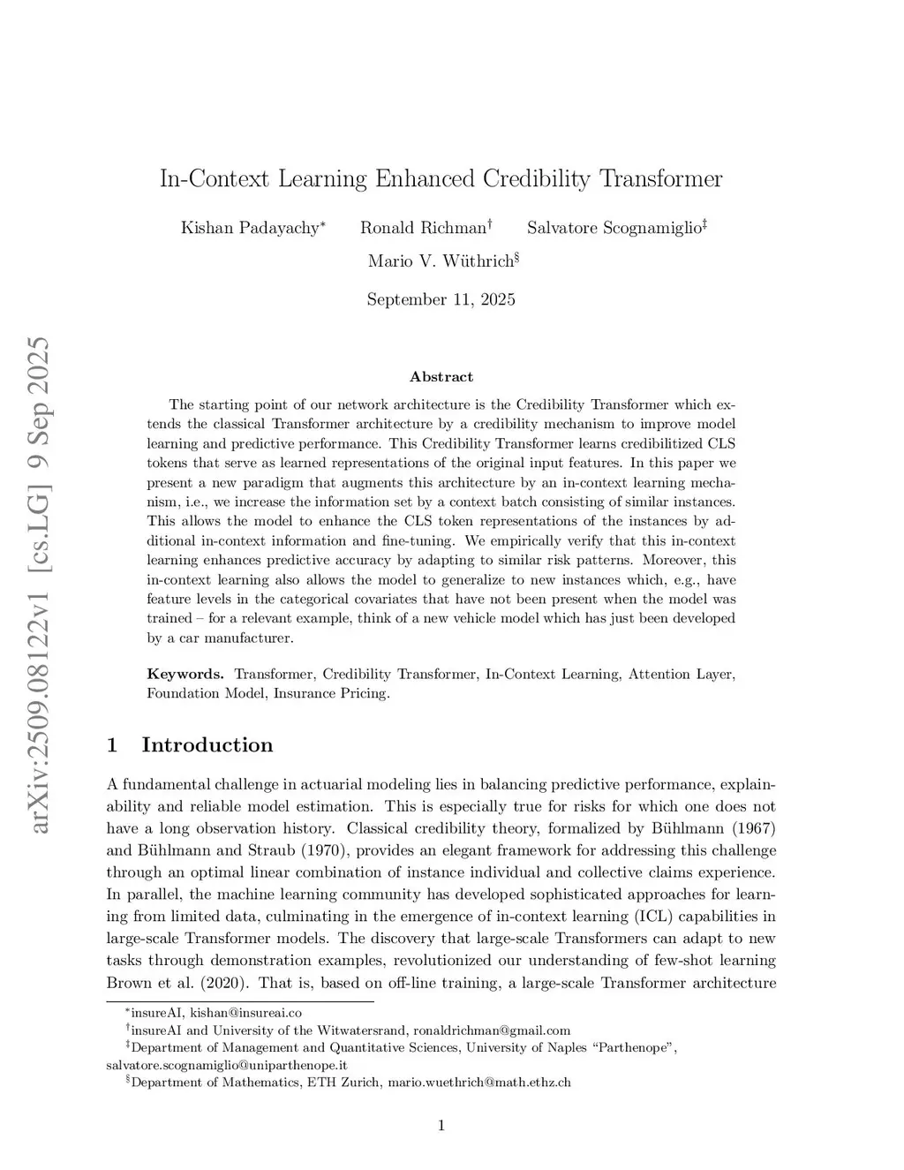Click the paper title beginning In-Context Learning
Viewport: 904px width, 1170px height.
point(441,179)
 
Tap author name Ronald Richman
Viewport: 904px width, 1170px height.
point(423,228)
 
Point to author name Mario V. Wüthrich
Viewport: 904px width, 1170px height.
point(440,261)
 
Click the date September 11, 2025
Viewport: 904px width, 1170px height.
point(441,299)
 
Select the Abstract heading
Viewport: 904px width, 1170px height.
point(441,377)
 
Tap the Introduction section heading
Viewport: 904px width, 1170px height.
point(207,745)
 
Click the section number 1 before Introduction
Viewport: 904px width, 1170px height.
point(112,745)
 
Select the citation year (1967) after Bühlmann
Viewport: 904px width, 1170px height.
point(754,828)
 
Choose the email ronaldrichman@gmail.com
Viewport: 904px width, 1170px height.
point(492,1030)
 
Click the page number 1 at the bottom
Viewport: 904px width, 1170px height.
point(441,1125)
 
